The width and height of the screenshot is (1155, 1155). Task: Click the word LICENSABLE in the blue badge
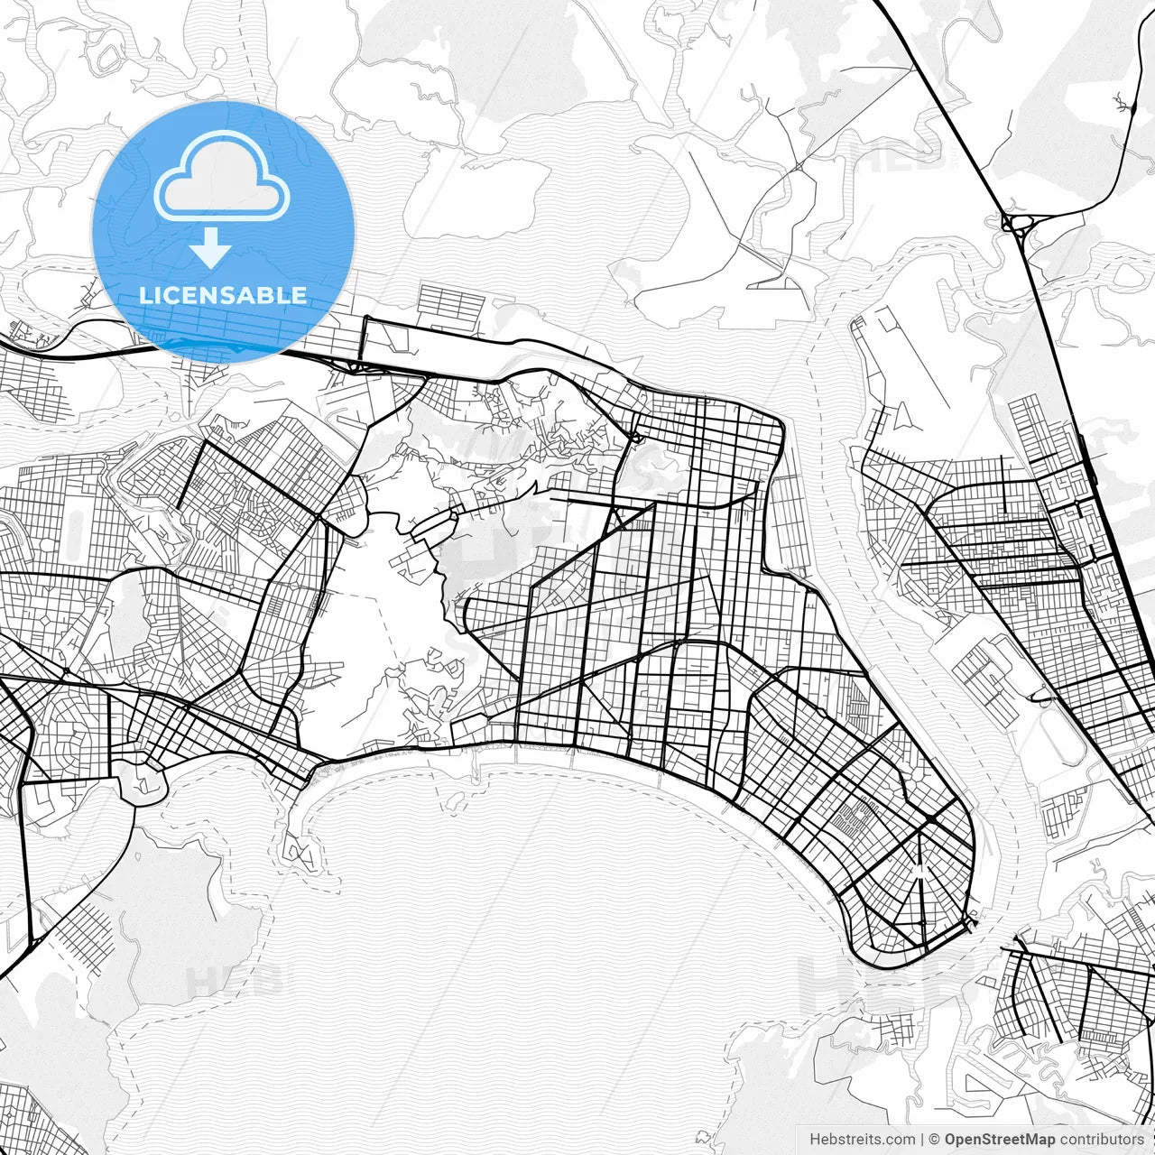pos(223,295)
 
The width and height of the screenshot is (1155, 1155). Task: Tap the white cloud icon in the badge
pos(222,178)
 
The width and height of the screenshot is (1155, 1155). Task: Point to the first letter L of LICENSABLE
pos(144,295)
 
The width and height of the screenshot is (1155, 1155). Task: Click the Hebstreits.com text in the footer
pos(862,1140)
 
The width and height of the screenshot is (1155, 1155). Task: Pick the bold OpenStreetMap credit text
pos(1000,1140)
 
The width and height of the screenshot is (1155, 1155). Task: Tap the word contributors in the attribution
pos(1102,1140)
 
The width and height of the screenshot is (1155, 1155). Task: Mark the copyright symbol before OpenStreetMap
pos(935,1140)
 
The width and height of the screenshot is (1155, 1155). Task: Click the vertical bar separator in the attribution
pos(922,1140)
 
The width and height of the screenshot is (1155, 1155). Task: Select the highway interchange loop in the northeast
pos(1017,223)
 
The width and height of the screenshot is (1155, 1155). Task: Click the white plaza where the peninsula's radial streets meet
pos(919,870)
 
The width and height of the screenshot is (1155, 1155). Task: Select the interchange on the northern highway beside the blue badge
pos(353,365)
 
